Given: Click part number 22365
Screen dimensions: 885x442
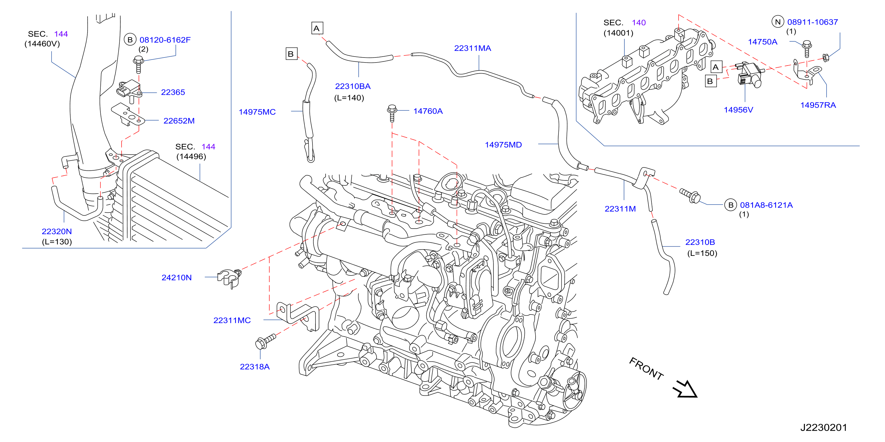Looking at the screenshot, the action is pyautogui.click(x=173, y=92).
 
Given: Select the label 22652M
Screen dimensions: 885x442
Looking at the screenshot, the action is pyautogui.click(x=179, y=121).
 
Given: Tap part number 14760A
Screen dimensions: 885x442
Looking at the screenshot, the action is pyautogui.click(x=428, y=111).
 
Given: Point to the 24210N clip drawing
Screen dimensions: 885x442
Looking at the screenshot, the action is pyautogui.click(x=229, y=278).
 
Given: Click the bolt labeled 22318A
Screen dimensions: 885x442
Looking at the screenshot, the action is pyautogui.click(x=265, y=341).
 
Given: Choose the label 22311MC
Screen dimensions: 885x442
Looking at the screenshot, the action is pyautogui.click(x=232, y=320).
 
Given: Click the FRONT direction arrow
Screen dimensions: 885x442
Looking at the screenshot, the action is pyautogui.click(x=685, y=389).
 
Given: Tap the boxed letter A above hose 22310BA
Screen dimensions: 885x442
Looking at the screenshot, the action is pyautogui.click(x=317, y=28).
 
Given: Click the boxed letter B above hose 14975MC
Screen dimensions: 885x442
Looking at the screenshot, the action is pyautogui.click(x=291, y=54).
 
